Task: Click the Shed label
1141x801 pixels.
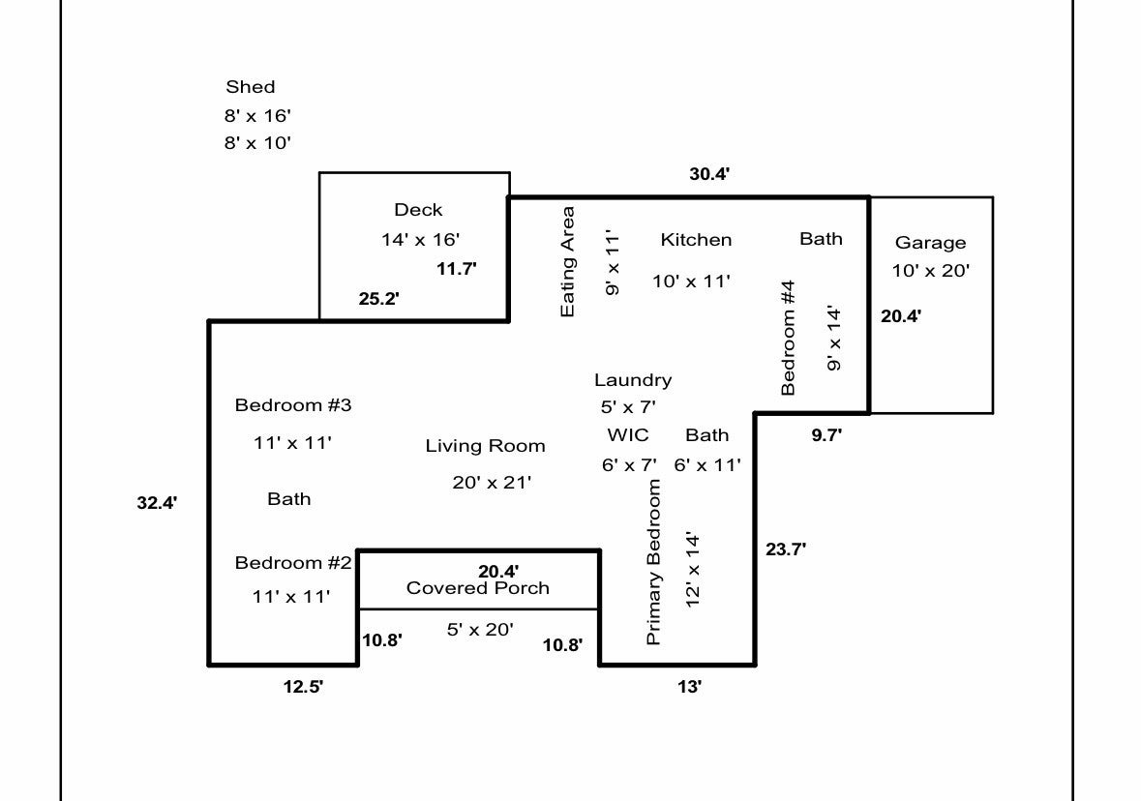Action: click(x=251, y=86)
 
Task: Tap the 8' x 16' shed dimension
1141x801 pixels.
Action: click(x=257, y=116)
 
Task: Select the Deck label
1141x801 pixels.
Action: click(x=418, y=210)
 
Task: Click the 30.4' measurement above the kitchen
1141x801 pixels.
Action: click(x=709, y=174)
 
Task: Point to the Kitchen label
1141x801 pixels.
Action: click(x=697, y=239)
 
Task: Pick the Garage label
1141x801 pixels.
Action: click(x=931, y=243)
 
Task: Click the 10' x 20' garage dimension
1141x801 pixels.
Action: click(x=931, y=271)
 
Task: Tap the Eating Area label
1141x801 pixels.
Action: click(x=567, y=262)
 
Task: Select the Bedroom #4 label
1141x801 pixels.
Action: click(x=788, y=338)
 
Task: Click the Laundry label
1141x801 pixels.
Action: click(x=633, y=380)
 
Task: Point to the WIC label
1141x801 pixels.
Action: click(x=628, y=435)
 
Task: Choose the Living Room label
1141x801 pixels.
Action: click(x=486, y=446)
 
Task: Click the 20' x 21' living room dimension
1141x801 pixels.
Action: click(x=492, y=483)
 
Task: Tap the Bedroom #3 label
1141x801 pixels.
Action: click(x=293, y=405)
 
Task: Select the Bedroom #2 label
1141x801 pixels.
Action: click(x=293, y=562)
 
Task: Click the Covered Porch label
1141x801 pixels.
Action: click(x=478, y=588)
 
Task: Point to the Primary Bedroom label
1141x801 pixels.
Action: click(x=653, y=562)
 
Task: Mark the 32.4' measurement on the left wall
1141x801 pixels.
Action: click(x=157, y=503)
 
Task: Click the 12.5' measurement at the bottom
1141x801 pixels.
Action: click(x=304, y=686)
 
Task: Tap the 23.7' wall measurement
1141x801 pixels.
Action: click(x=786, y=549)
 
